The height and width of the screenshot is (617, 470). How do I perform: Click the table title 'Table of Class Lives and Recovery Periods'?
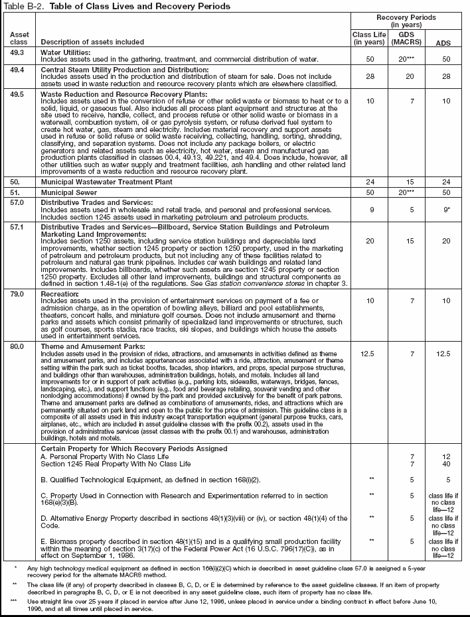139,6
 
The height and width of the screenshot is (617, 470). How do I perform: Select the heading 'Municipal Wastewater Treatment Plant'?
107,181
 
